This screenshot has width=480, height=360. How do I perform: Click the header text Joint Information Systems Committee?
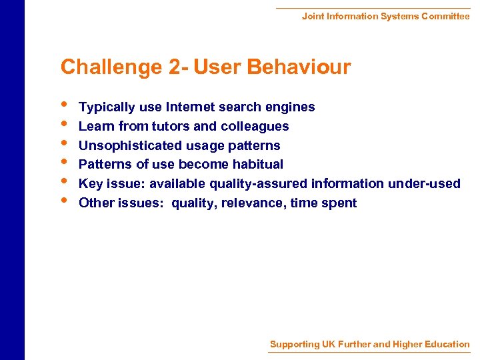point(385,16)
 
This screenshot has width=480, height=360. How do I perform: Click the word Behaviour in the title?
point(298,67)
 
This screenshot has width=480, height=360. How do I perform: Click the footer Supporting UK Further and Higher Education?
point(369,345)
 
